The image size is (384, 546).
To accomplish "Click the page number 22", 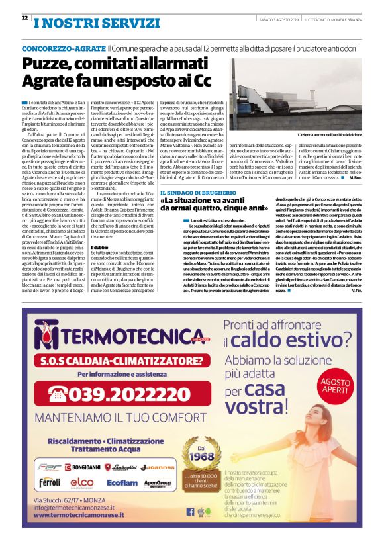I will click(x=24, y=18).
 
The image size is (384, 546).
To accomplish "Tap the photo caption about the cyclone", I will click(x=331, y=135).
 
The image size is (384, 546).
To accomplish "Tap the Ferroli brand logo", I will click(x=50, y=482).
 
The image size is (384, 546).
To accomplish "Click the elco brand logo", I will click(x=82, y=482).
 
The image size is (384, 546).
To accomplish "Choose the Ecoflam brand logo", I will click(x=122, y=483).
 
